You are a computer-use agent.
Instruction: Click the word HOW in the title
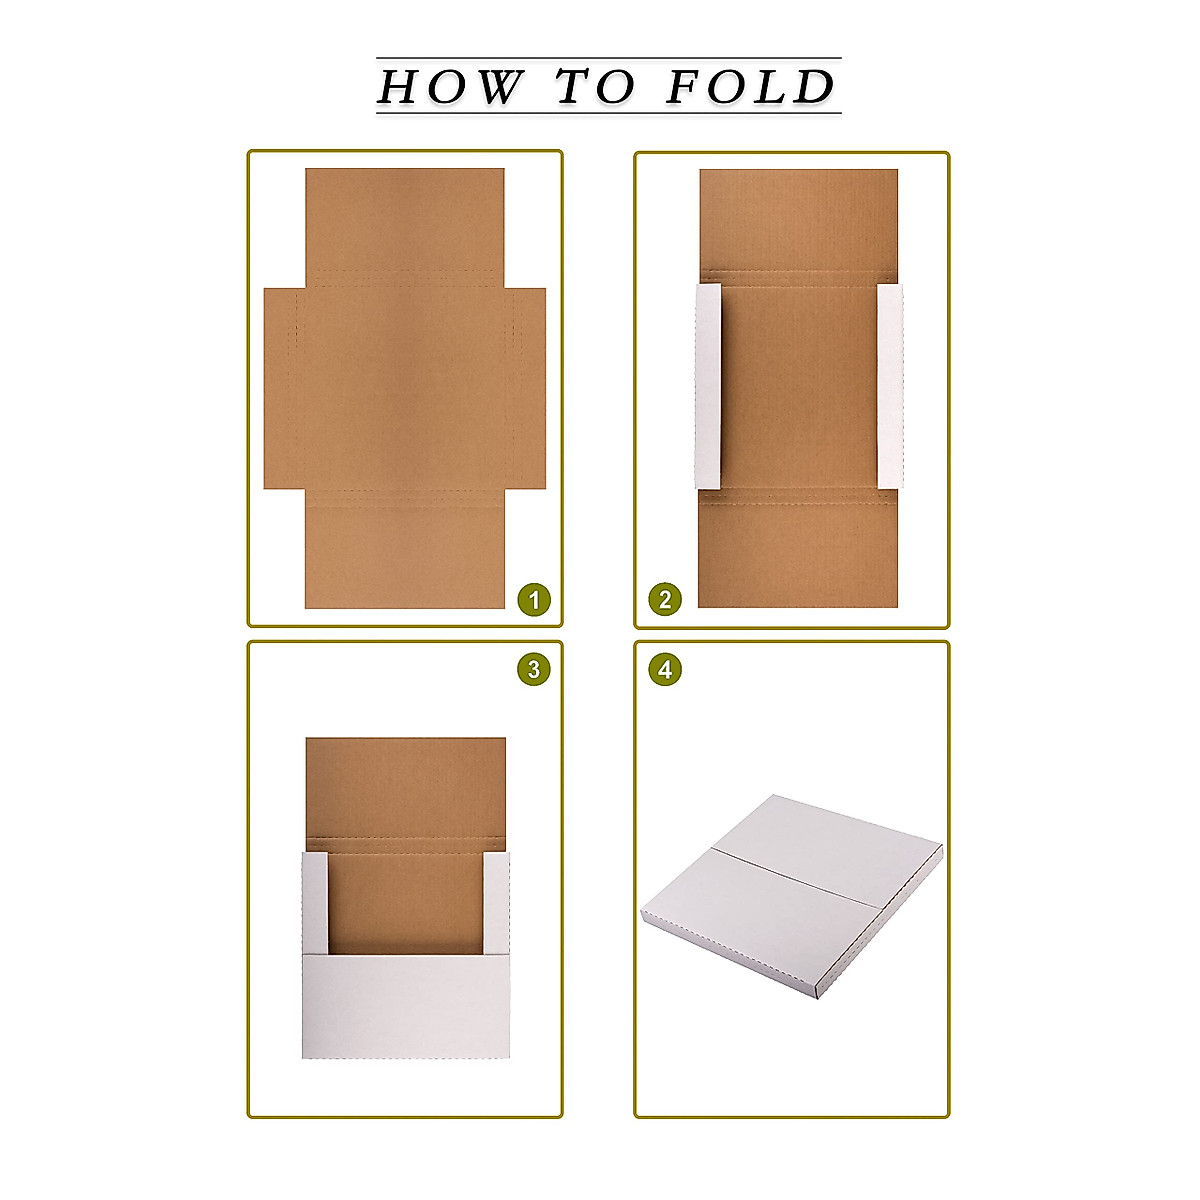(448, 87)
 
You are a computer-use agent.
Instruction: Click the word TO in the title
(596, 87)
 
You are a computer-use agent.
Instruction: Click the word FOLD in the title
(750, 87)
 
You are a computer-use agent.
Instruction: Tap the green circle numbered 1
(534, 600)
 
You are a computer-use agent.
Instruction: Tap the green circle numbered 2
(665, 600)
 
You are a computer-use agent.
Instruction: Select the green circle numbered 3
(534, 669)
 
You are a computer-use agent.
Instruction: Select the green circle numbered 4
(665, 669)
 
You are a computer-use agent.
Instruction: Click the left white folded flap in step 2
(707, 386)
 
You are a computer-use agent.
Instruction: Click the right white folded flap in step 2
(890, 386)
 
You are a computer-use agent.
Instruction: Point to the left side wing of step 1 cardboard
(279, 388)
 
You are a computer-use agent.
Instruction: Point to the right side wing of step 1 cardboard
(528, 388)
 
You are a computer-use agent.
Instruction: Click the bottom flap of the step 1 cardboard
(404, 555)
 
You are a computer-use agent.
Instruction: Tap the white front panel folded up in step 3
(405, 1005)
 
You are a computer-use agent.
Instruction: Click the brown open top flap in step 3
(405, 785)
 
